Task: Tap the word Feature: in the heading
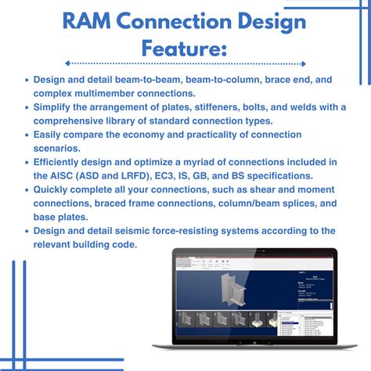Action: [185, 49]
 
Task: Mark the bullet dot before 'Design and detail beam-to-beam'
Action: [27, 79]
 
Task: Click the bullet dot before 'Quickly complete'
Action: [27, 190]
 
